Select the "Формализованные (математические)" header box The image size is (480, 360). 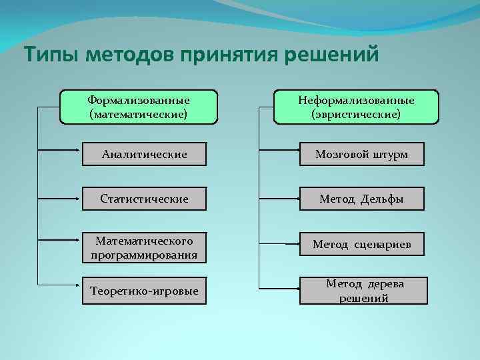click(x=139, y=107)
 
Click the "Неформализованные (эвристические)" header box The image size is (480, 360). click(x=356, y=107)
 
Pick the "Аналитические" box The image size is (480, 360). click(x=144, y=155)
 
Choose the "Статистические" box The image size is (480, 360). click(x=144, y=199)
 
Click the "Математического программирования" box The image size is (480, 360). click(x=144, y=247)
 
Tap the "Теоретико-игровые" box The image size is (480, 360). click(x=144, y=291)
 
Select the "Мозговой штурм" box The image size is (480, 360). click(x=361, y=155)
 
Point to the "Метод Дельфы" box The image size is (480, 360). click(x=361, y=199)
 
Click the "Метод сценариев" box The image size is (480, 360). click(x=361, y=245)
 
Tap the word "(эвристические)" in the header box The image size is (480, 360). click(x=356, y=114)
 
